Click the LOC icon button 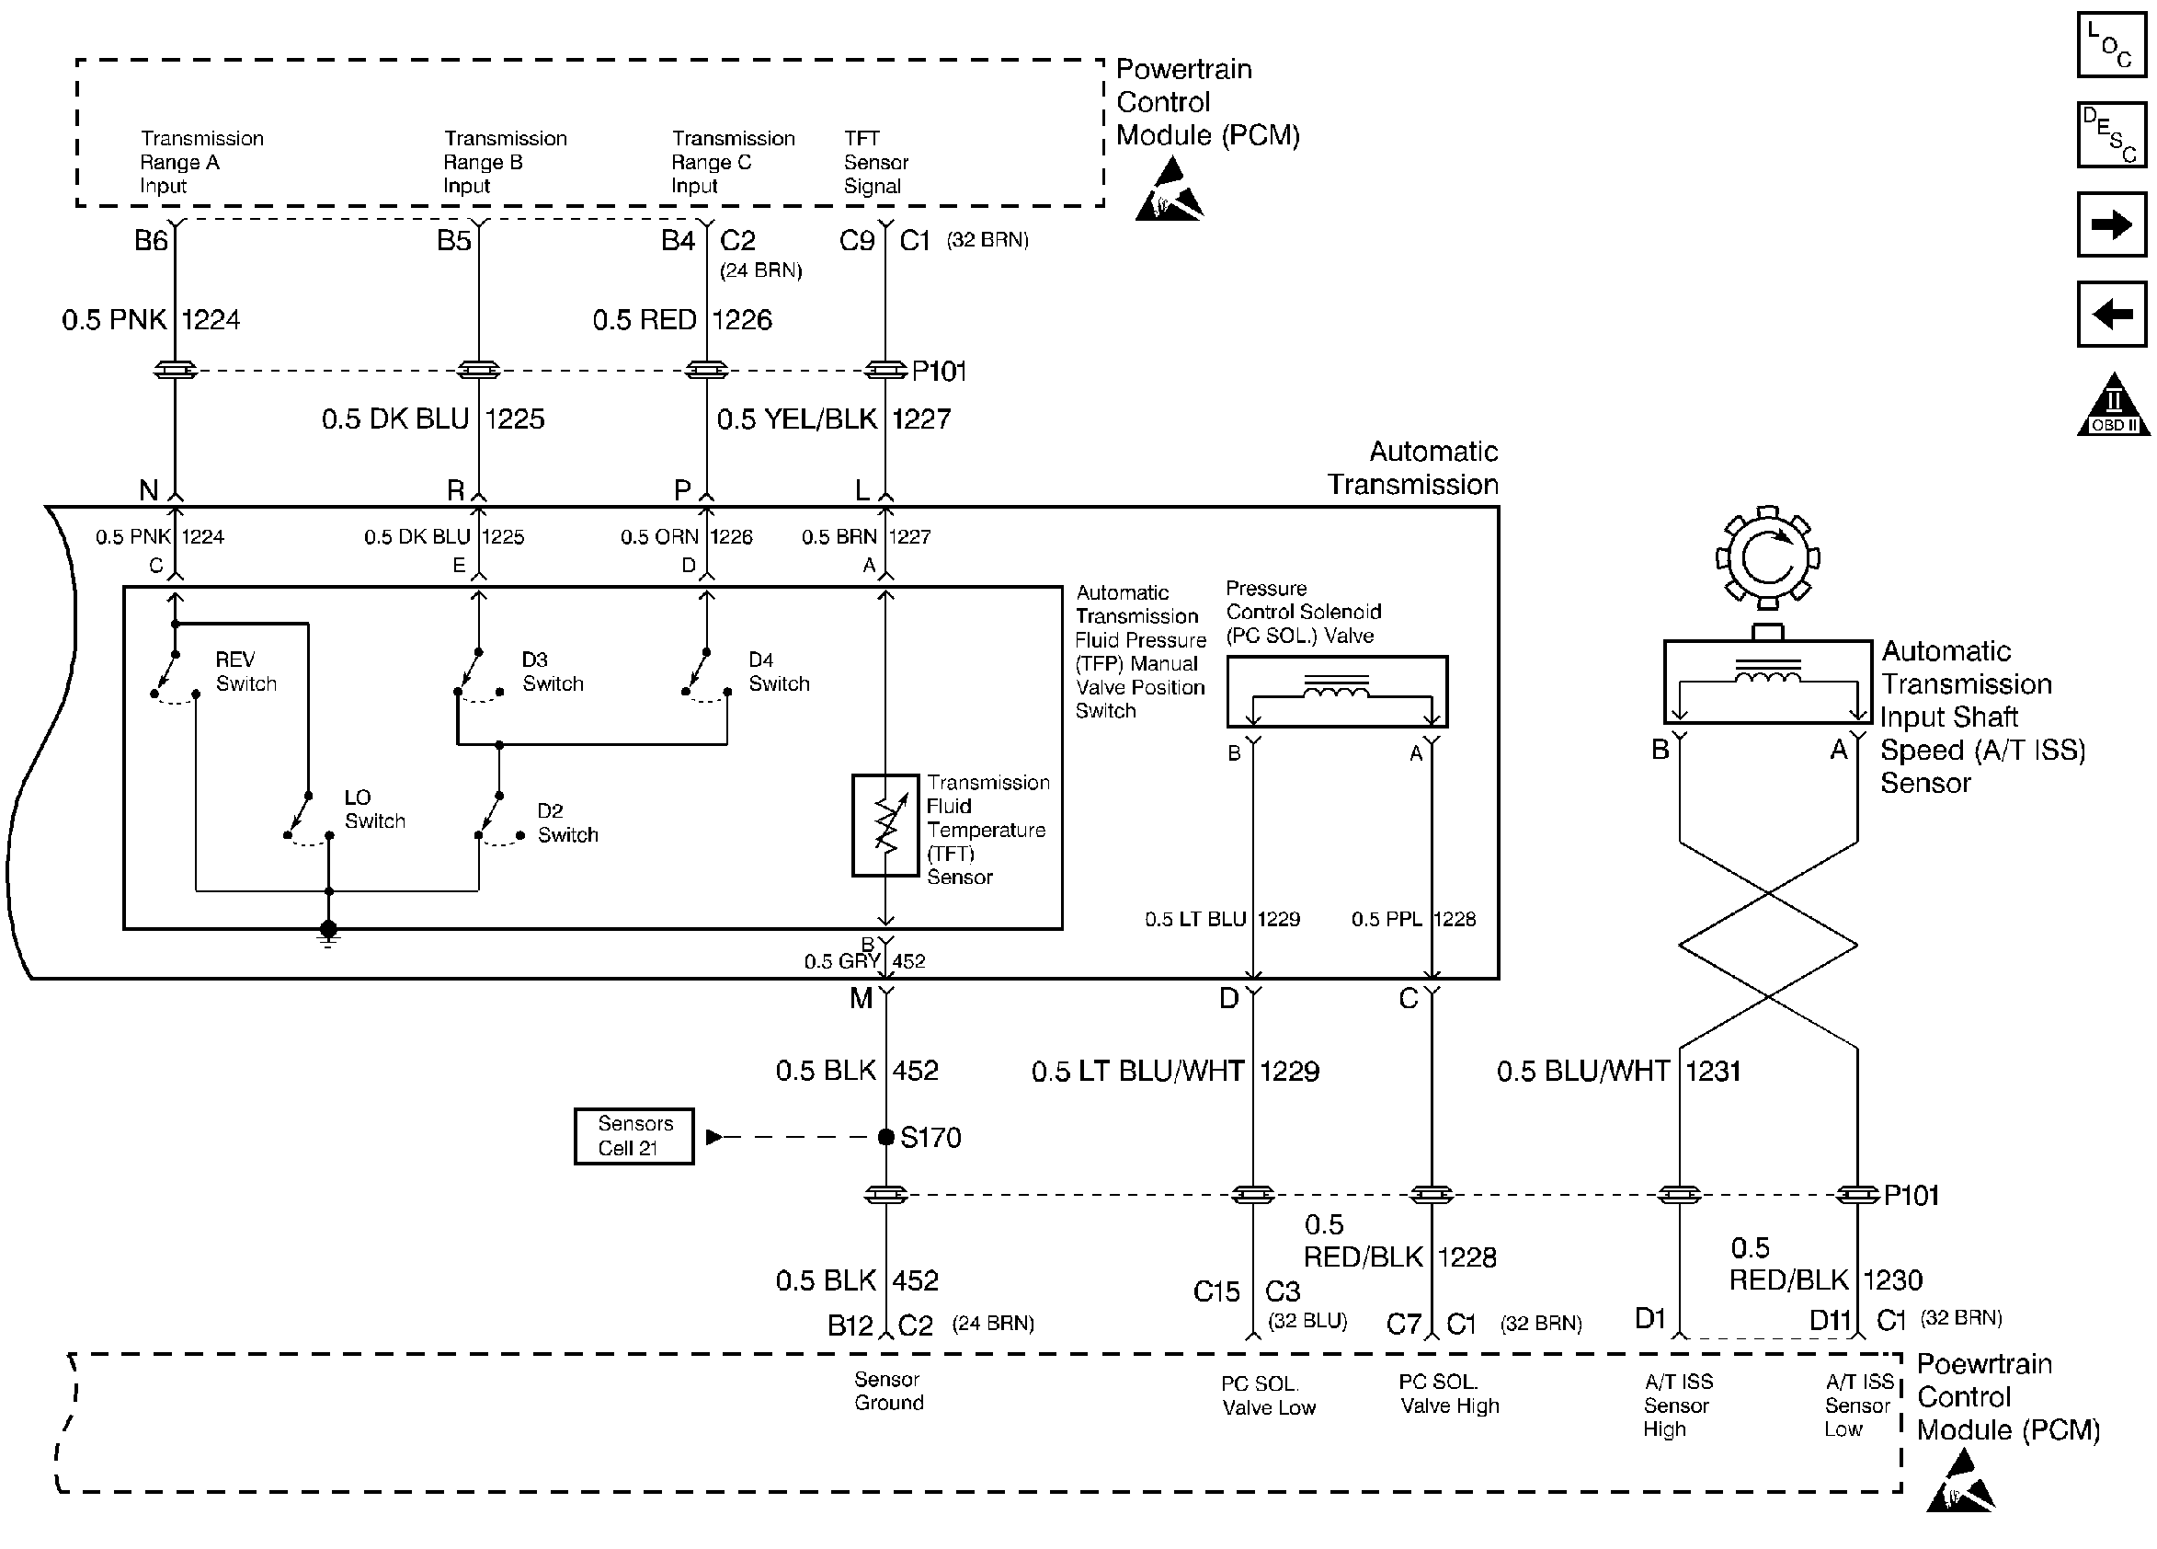click(x=2110, y=45)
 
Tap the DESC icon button click(x=2110, y=134)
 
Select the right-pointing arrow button click(x=2110, y=224)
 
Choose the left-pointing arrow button click(x=2110, y=313)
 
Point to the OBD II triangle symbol click(x=2113, y=405)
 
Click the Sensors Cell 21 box click(x=633, y=1136)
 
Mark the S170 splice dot click(x=885, y=1136)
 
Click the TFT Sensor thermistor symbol click(x=885, y=825)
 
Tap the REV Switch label click(x=245, y=671)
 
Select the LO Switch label click(x=375, y=809)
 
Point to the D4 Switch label click(x=779, y=671)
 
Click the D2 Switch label click(x=568, y=823)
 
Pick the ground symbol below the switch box click(x=328, y=934)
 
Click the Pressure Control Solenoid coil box click(x=1337, y=692)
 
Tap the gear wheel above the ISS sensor click(x=1767, y=557)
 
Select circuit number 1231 click(x=1713, y=1072)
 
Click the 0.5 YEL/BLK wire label click(x=797, y=419)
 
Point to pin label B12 click(x=850, y=1325)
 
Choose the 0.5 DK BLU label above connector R click(x=395, y=419)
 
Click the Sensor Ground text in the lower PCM click(x=888, y=1390)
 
